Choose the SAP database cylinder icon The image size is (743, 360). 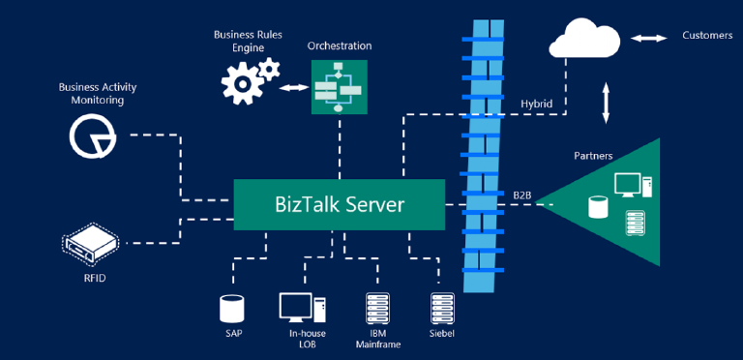coord(232,308)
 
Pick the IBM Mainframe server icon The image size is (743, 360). coord(375,308)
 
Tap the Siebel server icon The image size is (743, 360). coord(441,308)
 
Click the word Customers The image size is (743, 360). coord(707,36)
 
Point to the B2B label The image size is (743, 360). coord(522,195)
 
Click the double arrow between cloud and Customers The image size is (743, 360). coord(649,38)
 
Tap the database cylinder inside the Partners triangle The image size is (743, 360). coord(598,205)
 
